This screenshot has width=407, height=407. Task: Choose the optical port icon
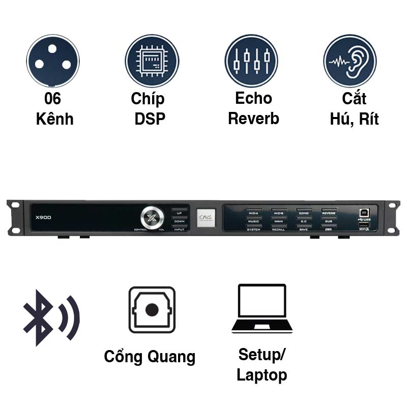tap(152, 310)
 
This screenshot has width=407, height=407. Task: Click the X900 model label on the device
tap(44, 217)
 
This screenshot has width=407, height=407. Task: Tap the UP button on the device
tap(180, 213)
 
